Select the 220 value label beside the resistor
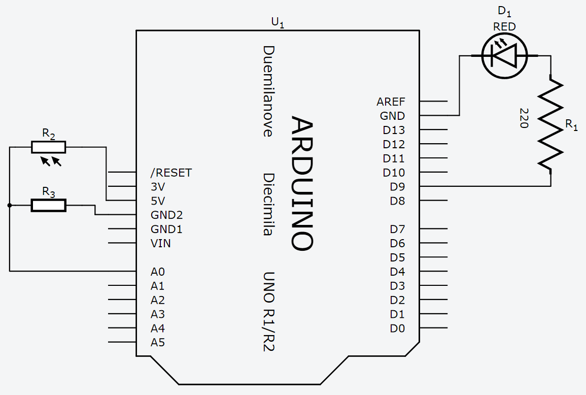pos(524,118)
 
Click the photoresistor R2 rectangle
pos(48,147)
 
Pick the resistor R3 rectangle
pos(48,205)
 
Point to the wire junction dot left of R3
pos(10,205)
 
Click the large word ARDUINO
pos(302,183)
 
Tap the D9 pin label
pos(397,186)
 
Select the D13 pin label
pos(394,130)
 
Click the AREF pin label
pos(391,102)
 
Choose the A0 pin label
pos(157,272)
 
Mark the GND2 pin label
pos(166,215)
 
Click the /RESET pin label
pos(171,173)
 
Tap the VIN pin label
pos(160,243)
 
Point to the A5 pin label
pos(157,342)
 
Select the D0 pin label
pos(397,328)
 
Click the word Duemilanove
pos(268,91)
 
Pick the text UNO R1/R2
pos(268,312)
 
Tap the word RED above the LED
pos(504,27)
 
